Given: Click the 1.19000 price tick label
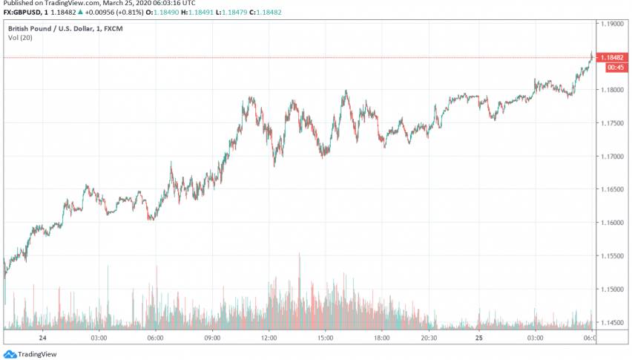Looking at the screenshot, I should click(613, 24).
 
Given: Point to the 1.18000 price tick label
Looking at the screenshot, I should click(613, 90).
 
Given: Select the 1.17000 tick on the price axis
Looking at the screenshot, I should click(613, 157).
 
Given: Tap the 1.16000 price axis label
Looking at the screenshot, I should click(613, 223).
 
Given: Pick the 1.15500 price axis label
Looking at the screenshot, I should click(613, 256).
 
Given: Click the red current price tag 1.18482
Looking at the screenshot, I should click(614, 57).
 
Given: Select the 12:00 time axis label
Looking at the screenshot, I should click(269, 337).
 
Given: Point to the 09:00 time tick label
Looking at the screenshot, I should click(212, 337).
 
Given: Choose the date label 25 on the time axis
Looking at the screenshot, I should click(479, 337).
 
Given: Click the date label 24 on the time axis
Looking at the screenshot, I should click(42, 337).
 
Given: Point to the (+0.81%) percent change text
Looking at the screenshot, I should click(131, 12).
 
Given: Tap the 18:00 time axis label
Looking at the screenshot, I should click(382, 337).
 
